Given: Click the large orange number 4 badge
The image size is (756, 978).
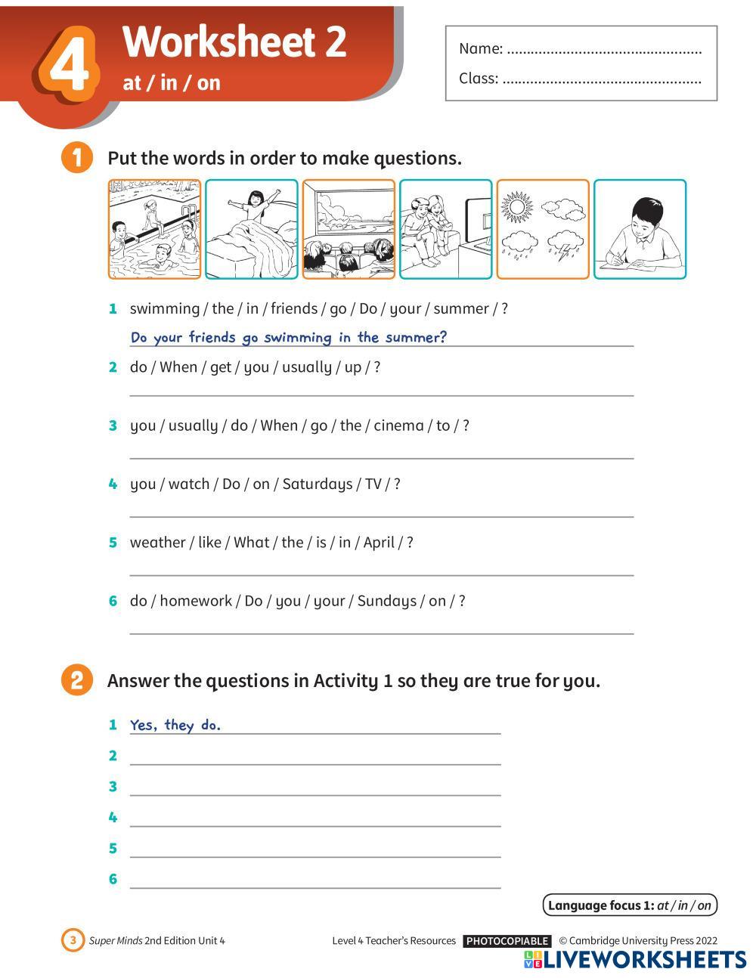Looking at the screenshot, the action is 67,62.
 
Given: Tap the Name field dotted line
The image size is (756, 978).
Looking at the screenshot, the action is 604,52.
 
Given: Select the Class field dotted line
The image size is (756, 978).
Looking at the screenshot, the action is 602,82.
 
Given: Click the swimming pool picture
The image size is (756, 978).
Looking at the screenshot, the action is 154,229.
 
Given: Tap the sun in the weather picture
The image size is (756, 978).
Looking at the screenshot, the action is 517,207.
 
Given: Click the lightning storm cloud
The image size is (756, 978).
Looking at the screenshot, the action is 565,245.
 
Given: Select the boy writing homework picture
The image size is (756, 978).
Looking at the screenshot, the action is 640,229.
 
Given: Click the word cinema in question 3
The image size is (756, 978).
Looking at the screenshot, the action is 398,426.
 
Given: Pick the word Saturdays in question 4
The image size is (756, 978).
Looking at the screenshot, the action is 318,484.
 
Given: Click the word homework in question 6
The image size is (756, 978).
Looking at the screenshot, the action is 196,601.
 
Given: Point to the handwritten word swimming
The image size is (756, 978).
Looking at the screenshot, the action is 297,338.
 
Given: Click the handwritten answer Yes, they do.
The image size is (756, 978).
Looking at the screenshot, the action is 175,725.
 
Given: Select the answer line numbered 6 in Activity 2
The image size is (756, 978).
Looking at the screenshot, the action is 315,888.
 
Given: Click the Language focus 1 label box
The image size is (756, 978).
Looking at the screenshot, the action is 630,905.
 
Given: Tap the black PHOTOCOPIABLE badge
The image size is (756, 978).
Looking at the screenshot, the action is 507,941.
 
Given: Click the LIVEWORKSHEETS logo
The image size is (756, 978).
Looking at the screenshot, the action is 635,960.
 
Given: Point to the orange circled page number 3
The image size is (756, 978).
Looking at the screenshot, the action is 73,940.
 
